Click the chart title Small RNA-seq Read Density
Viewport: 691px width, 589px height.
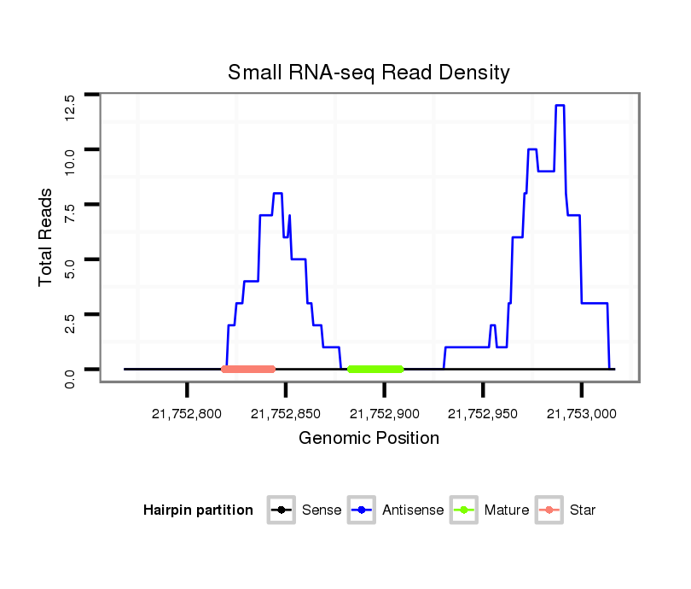pyautogui.click(x=369, y=73)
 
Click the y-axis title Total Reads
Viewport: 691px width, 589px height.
pyautogui.click(x=47, y=236)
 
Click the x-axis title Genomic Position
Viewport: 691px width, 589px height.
pyautogui.click(x=369, y=439)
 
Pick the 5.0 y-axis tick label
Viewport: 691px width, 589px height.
pyautogui.click(x=72, y=269)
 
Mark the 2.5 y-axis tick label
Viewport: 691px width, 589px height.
pyautogui.click(x=72, y=324)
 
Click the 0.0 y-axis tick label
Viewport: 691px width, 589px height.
pyautogui.click(x=72, y=378)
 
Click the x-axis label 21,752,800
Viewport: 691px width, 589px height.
pyautogui.click(x=187, y=414)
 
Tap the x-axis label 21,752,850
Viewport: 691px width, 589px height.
pyautogui.click(x=286, y=414)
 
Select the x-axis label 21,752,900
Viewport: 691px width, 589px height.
pyautogui.click(x=384, y=414)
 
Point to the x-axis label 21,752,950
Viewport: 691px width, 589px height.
pyautogui.click(x=483, y=414)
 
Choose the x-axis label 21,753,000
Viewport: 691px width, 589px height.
pyautogui.click(x=582, y=414)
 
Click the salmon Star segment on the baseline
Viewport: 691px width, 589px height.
pyautogui.click(x=248, y=369)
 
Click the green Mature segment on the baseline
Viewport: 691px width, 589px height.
pyautogui.click(x=375, y=369)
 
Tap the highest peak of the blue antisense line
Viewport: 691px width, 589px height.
pyautogui.click(x=560, y=105)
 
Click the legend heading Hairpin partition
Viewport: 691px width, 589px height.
pyautogui.click(x=198, y=510)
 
